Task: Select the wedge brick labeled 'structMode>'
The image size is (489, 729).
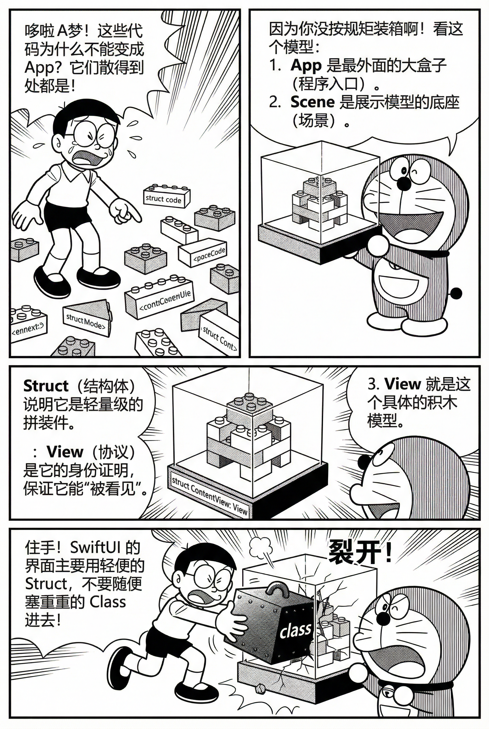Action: [86, 321]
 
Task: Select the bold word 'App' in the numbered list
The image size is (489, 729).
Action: [306, 65]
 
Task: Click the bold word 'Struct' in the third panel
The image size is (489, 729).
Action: [46, 386]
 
